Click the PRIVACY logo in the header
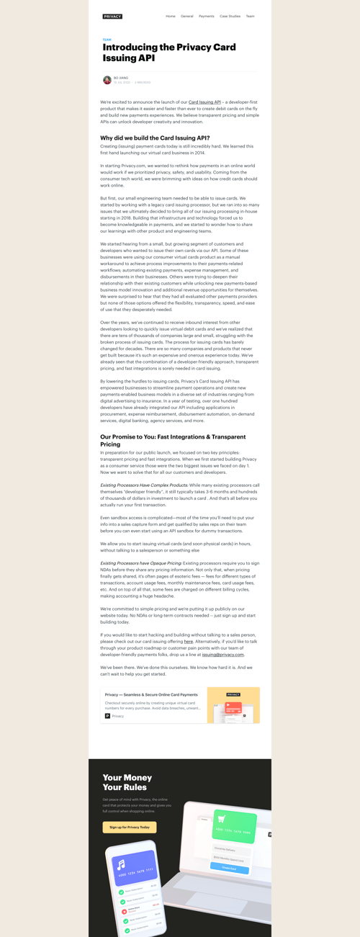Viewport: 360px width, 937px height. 112,16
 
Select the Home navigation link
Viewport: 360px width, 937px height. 171,16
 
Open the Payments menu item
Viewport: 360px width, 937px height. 207,16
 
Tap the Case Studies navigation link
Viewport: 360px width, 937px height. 230,16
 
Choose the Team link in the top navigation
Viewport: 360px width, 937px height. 250,16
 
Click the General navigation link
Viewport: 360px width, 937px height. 187,16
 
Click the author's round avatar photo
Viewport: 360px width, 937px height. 107,80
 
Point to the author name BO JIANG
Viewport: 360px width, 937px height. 120,78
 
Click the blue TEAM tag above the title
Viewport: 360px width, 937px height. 107,40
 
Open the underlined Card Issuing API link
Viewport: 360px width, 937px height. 204,102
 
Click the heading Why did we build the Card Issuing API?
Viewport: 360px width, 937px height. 155,138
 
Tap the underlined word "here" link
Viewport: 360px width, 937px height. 189,641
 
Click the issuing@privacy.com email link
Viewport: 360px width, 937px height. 222,655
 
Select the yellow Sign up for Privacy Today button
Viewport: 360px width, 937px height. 130,828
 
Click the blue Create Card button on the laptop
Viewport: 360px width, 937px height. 229,869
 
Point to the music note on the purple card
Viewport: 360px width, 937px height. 122,864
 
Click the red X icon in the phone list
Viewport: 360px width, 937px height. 124,911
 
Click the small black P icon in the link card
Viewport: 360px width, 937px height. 108,716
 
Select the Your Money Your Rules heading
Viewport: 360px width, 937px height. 127,782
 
